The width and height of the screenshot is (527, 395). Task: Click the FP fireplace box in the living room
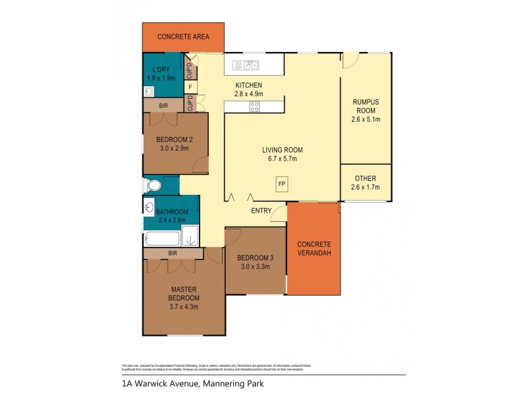coord(281,184)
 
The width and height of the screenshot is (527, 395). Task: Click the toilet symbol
coord(152,185)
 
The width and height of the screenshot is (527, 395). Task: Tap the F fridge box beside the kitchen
coord(190,87)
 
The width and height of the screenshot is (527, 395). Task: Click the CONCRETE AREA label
coord(183,37)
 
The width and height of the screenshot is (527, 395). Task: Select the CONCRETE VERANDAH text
coord(314,248)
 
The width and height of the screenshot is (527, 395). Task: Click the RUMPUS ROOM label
coord(366,106)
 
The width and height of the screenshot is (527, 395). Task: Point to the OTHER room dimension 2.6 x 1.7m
coord(366,188)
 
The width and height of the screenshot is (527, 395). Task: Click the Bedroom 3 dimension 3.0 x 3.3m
coord(255,266)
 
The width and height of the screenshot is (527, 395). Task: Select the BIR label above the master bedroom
coord(173,253)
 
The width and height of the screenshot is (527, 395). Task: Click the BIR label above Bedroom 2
coord(163,105)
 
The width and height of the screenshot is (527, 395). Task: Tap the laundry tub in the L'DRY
coord(149,92)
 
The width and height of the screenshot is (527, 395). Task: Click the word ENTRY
coord(262,211)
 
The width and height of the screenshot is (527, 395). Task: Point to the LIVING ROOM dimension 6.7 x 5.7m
coord(281,159)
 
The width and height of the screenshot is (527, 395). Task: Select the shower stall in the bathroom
coord(190,236)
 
